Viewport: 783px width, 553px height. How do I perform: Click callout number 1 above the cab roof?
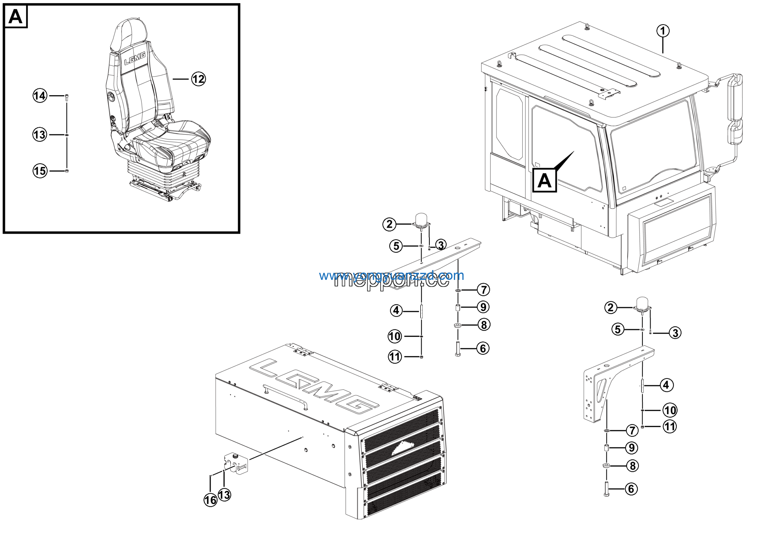[x=662, y=31]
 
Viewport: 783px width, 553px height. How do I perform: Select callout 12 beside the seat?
[x=198, y=79]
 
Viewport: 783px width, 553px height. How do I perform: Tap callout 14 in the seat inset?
[x=40, y=95]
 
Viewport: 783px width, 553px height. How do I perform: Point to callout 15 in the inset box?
[x=40, y=170]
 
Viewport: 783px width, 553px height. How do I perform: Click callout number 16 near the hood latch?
[x=210, y=500]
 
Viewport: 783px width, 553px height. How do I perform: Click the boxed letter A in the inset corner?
[x=15, y=17]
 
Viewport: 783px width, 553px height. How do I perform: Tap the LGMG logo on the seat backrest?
[x=135, y=59]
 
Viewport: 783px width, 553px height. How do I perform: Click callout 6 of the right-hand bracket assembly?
[x=631, y=489]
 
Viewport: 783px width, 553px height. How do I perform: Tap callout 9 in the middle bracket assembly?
[x=483, y=307]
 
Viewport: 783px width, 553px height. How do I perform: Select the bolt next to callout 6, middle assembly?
[x=458, y=348]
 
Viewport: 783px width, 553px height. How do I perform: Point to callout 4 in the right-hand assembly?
[x=666, y=385]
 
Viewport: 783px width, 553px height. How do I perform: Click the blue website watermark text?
[x=391, y=275]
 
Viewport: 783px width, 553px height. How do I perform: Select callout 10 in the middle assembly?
[x=395, y=336]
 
